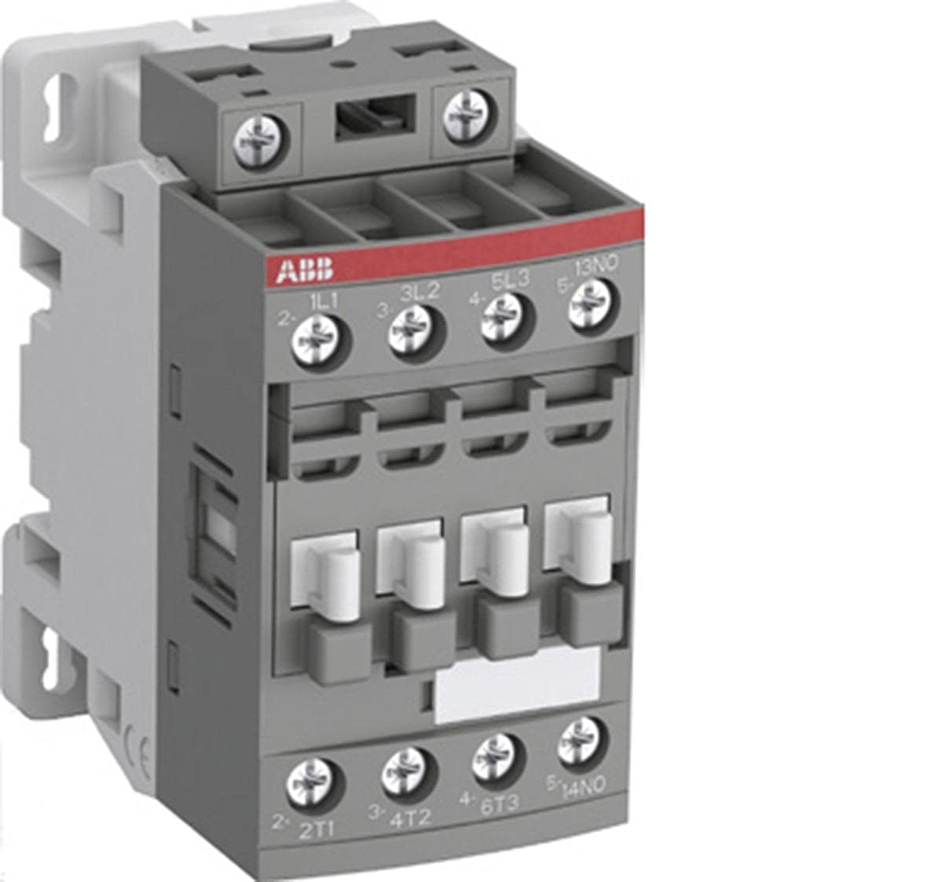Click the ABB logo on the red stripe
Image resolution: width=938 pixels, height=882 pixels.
point(304,271)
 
